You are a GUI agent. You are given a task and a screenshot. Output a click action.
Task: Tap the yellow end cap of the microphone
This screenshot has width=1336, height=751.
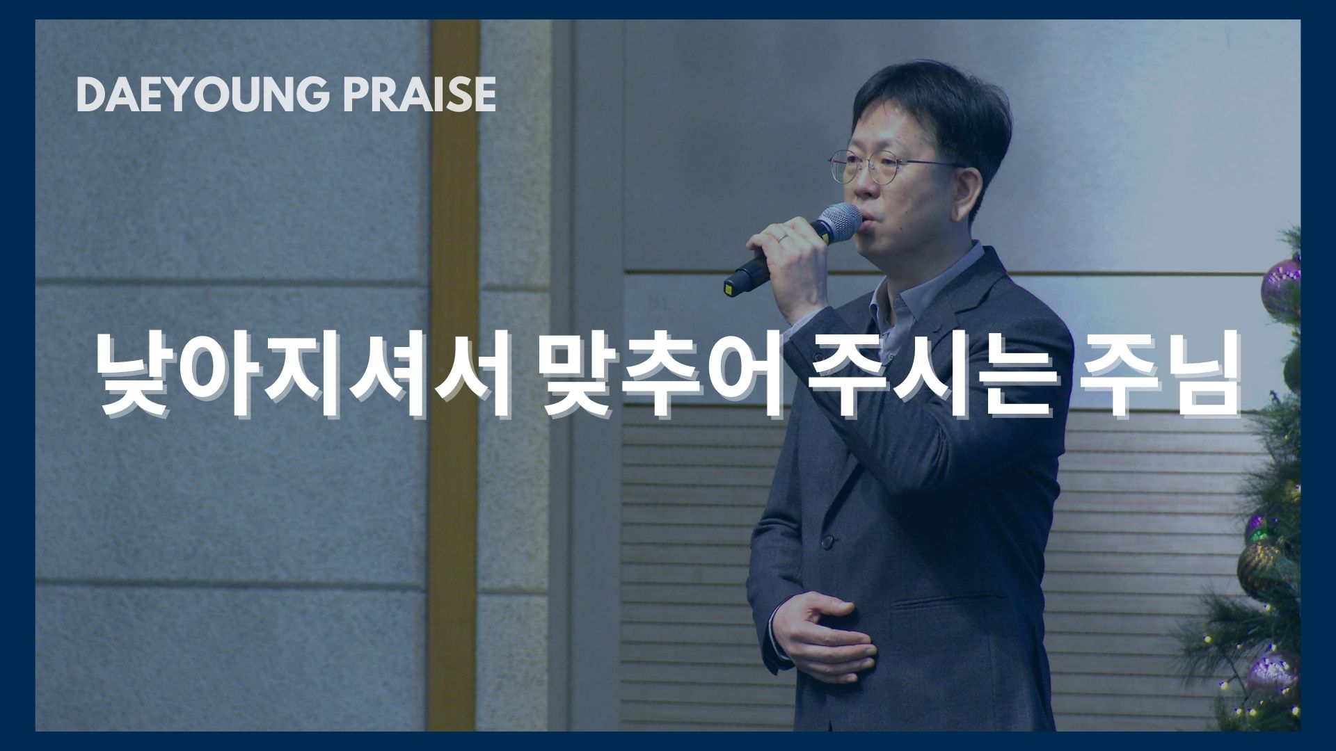[731, 286]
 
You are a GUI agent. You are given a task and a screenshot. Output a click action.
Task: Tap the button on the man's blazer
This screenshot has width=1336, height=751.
[827, 540]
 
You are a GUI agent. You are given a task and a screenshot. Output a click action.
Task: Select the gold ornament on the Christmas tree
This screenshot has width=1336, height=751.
[1262, 560]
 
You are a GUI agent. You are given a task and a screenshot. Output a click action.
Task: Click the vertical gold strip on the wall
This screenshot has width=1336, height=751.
[454, 375]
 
